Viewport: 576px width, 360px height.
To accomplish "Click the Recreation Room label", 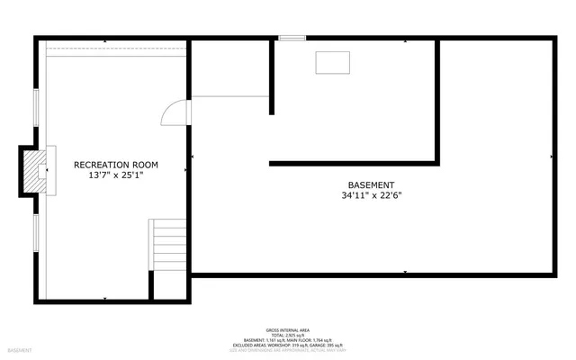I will [x=116, y=165].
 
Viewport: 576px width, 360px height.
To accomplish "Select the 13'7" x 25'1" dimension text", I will [x=116, y=176].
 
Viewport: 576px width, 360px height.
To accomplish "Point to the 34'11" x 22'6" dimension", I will [x=372, y=195].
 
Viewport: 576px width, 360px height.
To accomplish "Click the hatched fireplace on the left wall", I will [x=33, y=170].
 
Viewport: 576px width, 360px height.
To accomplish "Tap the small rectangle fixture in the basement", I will [x=333, y=62].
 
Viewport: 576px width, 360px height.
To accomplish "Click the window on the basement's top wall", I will [x=292, y=39].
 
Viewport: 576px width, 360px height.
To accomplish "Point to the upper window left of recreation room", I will [x=35, y=111].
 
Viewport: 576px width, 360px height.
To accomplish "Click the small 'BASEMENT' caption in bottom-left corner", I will [x=20, y=350].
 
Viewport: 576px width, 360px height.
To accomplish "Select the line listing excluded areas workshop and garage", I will [x=288, y=344].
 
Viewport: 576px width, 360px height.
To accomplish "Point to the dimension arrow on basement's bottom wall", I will [x=406, y=272].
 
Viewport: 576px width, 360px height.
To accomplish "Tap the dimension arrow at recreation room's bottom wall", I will [x=106, y=298].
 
